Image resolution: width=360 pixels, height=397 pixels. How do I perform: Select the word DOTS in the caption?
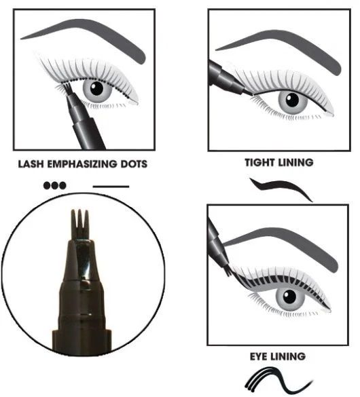[133, 164]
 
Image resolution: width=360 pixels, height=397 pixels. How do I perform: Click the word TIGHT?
[259, 163]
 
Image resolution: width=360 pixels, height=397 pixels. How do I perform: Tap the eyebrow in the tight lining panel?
[278, 45]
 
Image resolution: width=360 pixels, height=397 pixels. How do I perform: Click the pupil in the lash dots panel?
[96, 88]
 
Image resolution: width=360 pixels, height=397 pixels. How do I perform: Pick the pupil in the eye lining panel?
[290, 297]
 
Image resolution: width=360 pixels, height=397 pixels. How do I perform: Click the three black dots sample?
[54, 185]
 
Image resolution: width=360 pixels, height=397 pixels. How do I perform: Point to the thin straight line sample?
[110, 185]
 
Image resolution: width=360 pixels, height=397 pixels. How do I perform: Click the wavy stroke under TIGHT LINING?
[280, 188]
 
